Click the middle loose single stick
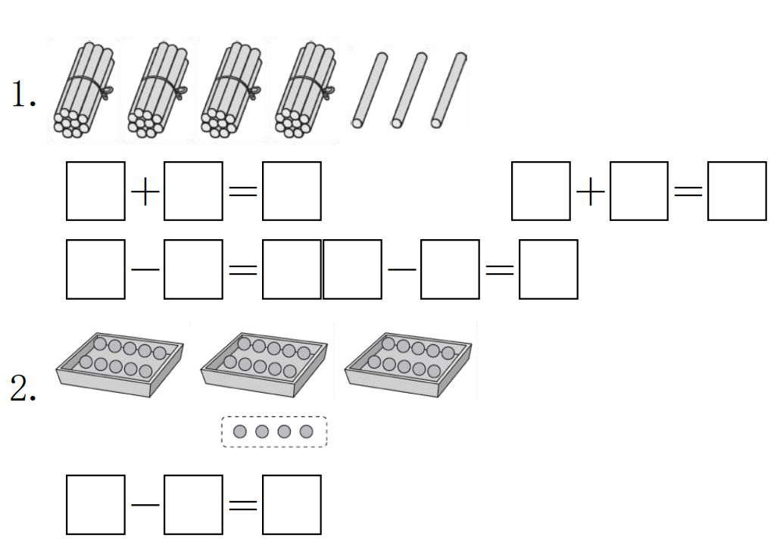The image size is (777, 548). pos(408,89)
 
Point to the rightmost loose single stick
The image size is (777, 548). pos(449,89)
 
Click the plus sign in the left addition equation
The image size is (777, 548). pos(145,191)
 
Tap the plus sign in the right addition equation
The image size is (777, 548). pos(590,191)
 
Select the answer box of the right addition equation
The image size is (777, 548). pos(737,191)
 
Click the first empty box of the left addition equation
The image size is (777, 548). pos(95,191)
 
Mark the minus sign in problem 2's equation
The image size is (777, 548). pos(145,504)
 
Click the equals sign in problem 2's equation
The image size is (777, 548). pos(242,504)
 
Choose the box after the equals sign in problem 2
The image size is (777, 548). pos(292,504)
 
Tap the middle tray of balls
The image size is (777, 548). pos(264,364)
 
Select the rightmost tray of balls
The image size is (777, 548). pos(407,364)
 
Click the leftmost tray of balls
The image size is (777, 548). pos(120,364)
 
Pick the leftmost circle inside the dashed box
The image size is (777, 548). pos(240,431)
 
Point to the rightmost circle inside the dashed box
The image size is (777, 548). pos(307,431)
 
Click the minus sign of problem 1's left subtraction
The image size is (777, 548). pos(145,269)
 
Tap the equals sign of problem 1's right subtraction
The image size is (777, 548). pos(499,269)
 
